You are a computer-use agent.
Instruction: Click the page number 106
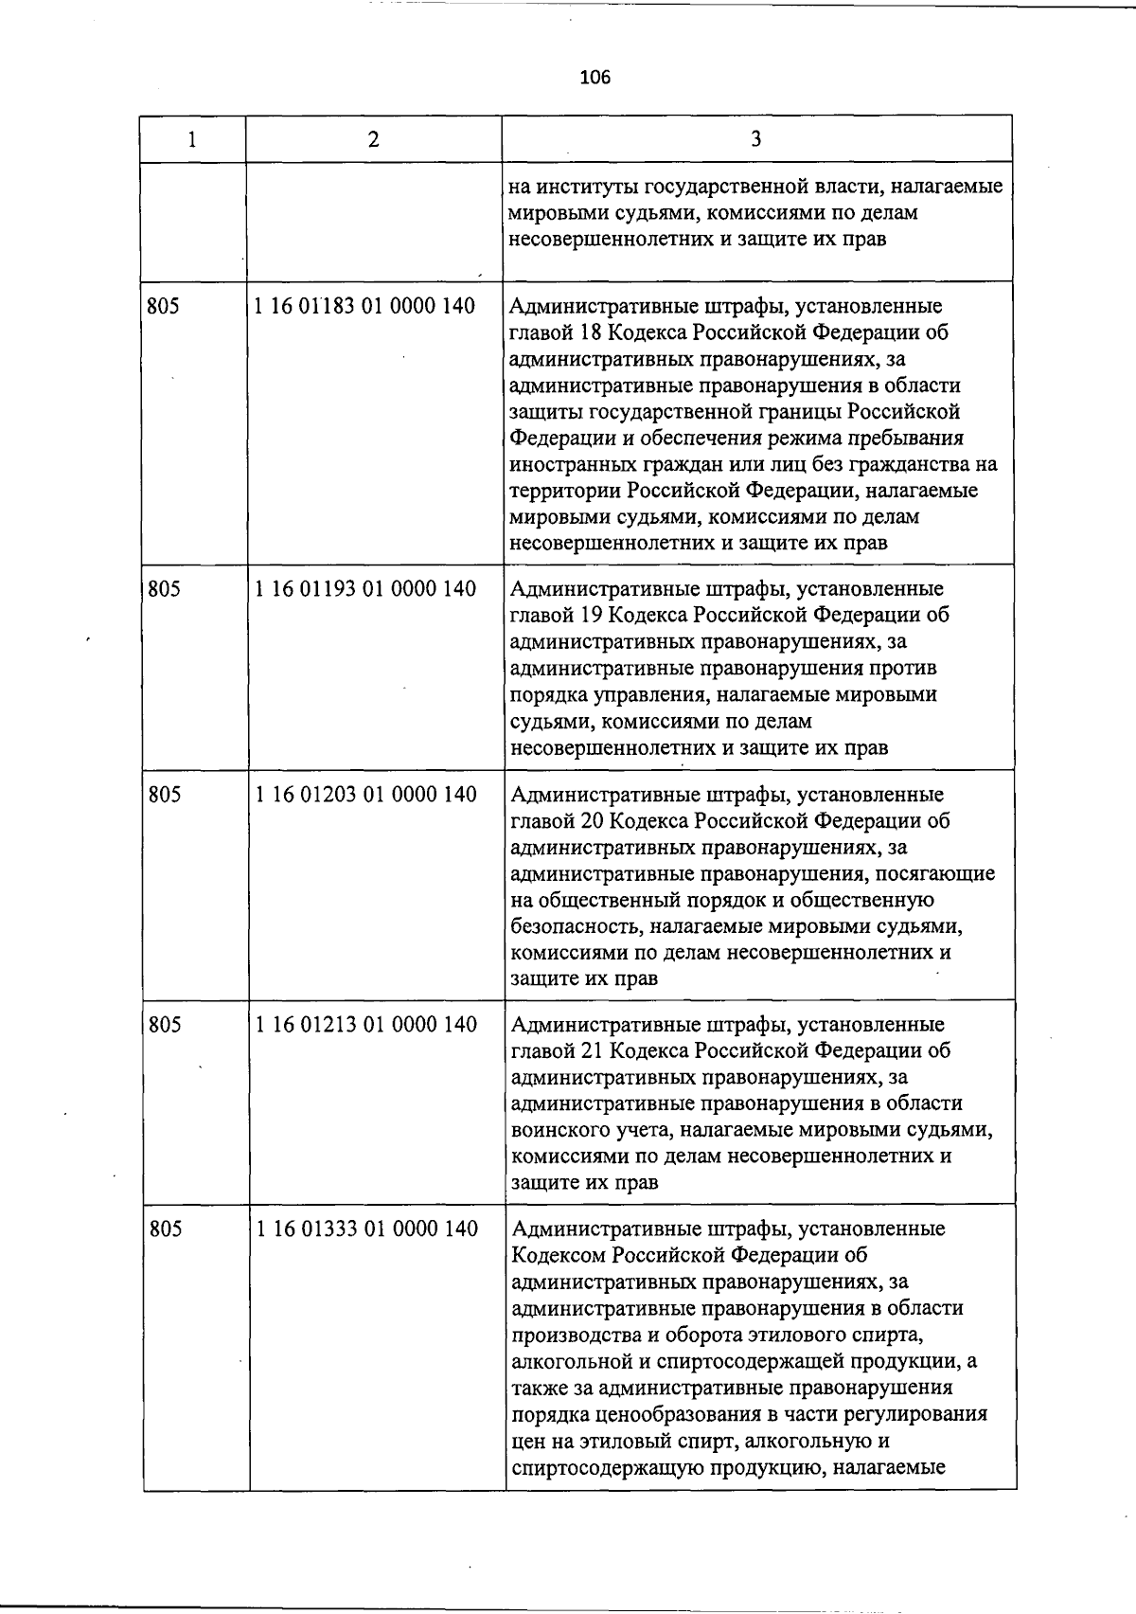595,78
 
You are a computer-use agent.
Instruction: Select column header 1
192,139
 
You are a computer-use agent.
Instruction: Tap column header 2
374,139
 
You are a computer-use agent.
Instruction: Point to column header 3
755,139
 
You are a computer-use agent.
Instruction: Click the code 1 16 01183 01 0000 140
365,306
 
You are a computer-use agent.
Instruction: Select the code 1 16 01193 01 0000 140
365,589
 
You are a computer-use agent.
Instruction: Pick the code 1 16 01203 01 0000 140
366,795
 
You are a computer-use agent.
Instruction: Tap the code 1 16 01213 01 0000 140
366,1025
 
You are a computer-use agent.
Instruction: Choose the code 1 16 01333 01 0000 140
367,1228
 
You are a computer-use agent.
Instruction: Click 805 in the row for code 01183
163,306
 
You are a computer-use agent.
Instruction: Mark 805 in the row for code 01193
164,589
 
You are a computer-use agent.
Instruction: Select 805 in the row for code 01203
165,795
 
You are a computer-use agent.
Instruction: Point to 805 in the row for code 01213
165,1025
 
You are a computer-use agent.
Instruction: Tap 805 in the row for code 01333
166,1228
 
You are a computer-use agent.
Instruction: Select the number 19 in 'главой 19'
592,615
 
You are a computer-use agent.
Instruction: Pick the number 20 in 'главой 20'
593,821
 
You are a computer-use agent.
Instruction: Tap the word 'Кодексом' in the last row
559,1255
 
